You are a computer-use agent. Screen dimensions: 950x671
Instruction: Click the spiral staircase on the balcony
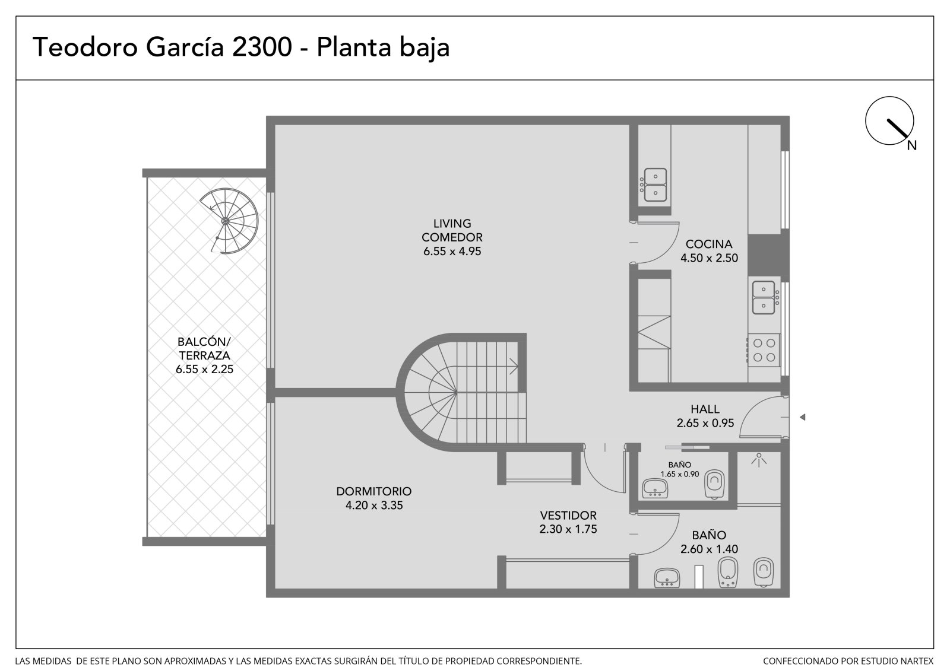point(229,221)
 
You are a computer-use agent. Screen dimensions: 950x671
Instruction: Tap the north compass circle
point(889,120)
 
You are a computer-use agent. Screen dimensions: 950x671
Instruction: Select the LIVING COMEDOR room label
point(452,230)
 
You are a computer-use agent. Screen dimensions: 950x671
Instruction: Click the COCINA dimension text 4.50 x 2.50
point(709,257)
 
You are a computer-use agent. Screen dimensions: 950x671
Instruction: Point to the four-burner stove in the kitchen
point(764,349)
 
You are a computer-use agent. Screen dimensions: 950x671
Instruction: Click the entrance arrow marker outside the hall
point(802,417)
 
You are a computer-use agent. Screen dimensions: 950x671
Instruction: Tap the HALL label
point(705,409)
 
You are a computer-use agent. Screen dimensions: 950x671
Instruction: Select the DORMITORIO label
point(373,491)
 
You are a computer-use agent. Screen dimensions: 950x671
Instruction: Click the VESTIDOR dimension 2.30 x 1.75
point(568,529)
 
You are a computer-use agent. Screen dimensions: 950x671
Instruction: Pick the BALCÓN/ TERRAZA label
point(204,348)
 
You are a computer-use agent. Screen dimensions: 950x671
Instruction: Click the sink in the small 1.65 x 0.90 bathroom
point(655,488)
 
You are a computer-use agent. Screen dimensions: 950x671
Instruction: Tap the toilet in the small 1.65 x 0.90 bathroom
point(715,484)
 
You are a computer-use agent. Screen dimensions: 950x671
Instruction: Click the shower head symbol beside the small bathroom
point(759,460)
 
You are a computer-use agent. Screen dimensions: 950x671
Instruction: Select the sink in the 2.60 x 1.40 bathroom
point(667,578)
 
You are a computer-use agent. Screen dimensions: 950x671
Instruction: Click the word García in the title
point(185,47)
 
